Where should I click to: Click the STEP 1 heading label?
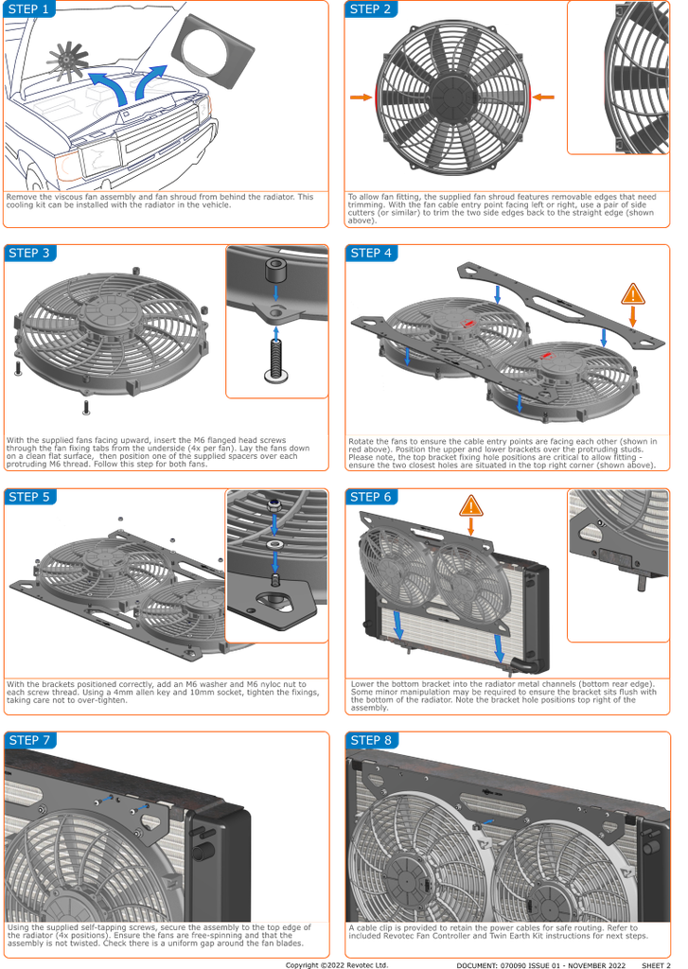pyautogui.click(x=29, y=9)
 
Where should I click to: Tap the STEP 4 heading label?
pyautogui.click(x=371, y=253)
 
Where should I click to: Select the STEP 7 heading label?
pyautogui.click(x=29, y=740)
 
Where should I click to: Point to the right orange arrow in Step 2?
pyautogui.click(x=543, y=97)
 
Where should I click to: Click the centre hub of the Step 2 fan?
pyautogui.click(x=453, y=96)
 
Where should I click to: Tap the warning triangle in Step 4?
pyautogui.click(x=632, y=294)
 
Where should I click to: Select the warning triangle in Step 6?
pyautogui.click(x=471, y=506)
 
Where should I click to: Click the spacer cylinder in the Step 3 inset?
pyautogui.click(x=275, y=270)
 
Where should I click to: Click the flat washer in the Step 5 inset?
pyautogui.click(x=274, y=544)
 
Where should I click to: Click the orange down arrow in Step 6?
pyautogui.click(x=471, y=526)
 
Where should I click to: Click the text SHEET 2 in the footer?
pyautogui.click(x=656, y=964)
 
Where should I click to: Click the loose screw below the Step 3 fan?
pyautogui.click(x=86, y=407)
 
